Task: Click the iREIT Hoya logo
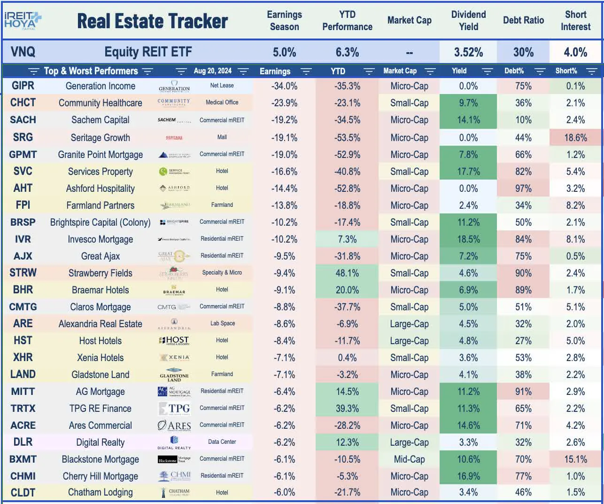tap(23, 20)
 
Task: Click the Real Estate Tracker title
tap(152, 21)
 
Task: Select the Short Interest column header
tap(575, 21)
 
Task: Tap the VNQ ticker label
tap(23, 52)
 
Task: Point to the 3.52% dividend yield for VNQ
tap(468, 52)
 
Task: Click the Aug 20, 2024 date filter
tap(212, 71)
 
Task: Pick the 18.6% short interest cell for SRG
tap(575, 138)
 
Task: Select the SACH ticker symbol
tap(23, 120)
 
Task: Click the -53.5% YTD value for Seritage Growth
tap(347, 138)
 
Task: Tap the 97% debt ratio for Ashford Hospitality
tap(523, 189)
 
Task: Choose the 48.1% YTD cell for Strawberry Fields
tap(347, 273)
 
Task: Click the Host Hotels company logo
tap(174, 340)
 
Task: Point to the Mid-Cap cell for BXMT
tap(409, 459)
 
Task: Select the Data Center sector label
tap(222, 442)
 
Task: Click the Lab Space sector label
tap(222, 323)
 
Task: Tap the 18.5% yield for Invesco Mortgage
tap(468, 239)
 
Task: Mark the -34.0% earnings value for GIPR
tap(284, 86)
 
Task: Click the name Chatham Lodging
tap(100, 492)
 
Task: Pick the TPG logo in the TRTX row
tap(174, 409)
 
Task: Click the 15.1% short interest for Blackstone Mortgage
tap(575, 459)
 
